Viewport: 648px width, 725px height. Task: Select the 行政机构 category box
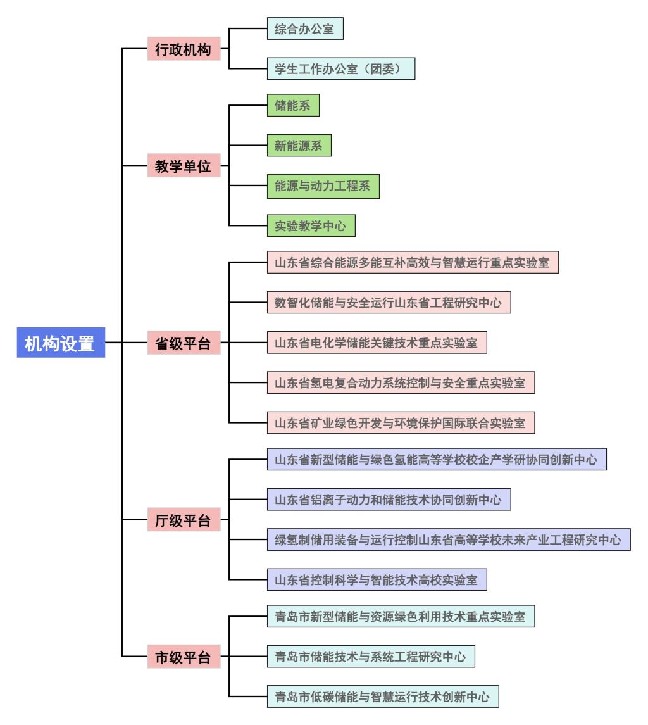pyautogui.click(x=184, y=50)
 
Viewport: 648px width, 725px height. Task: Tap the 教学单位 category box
pyautogui.click(x=184, y=167)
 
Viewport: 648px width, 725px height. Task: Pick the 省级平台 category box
pyautogui.click(x=184, y=343)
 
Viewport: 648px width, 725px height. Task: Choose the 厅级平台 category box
pyautogui.click(x=184, y=520)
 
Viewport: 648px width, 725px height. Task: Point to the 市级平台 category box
pyautogui.click(x=184, y=657)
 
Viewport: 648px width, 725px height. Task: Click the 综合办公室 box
pyautogui.click(x=304, y=29)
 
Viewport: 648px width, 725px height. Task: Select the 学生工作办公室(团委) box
pyautogui.click(x=341, y=68)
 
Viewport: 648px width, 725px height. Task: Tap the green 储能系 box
pyautogui.click(x=293, y=106)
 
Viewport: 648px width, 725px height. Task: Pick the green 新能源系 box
pyautogui.click(x=299, y=146)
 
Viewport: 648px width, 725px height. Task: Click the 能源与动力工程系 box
pyautogui.click(x=323, y=186)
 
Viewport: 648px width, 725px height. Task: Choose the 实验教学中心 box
pyautogui.click(x=311, y=225)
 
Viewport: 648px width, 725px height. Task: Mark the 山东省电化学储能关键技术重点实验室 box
pyautogui.click(x=377, y=343)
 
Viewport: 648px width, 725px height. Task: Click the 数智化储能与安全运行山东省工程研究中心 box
pyautogui.click(x=389, y=303)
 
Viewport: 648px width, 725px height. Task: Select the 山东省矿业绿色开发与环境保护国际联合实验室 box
pyautogui.click(x=401, y=421)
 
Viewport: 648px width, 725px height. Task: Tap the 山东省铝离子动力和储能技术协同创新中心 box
pyautogui.click(x=389, y=500)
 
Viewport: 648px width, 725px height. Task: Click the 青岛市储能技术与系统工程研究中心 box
pyautogui.click(x=371, y=657)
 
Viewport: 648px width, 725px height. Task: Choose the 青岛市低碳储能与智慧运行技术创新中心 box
pyautogui.click(x=383, y=696)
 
